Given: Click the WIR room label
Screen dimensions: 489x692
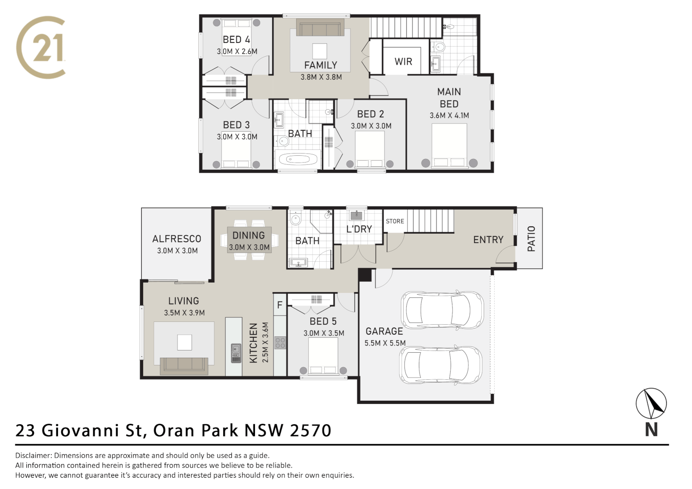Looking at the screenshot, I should (403, 62).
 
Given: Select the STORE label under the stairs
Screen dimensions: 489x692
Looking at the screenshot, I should (394, 221).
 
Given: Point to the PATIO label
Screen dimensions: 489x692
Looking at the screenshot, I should (531, 239).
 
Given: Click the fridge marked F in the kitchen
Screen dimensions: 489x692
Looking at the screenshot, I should (279, 305).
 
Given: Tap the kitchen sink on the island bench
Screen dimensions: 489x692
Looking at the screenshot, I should (236, 353).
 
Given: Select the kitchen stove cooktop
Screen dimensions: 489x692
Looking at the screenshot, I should (280, 343).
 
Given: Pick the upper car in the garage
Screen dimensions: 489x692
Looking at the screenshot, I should (442, 310).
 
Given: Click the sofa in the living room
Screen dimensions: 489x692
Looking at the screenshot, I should (184, 365).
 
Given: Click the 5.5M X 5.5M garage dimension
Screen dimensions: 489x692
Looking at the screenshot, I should (385, 343).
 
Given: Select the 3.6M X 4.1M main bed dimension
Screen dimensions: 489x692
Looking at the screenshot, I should (449, 115).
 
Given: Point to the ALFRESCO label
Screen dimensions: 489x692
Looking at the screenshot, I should (177, 239).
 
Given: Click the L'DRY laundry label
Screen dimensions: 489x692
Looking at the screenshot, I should (359, 229).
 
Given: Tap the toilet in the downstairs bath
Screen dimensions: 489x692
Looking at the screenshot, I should (295, 219).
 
